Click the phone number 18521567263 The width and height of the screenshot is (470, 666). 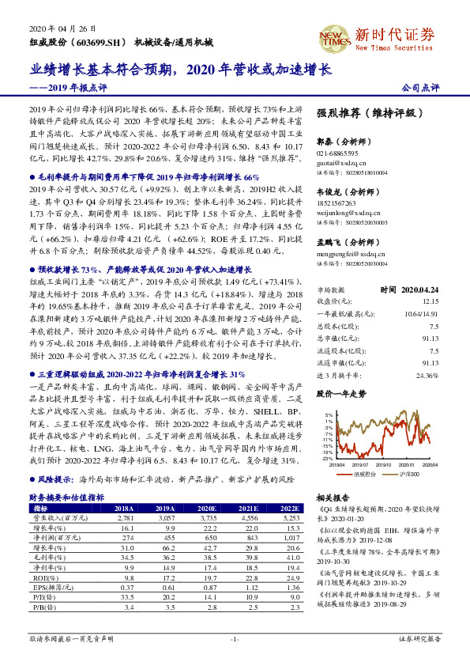click(x=337, y=203)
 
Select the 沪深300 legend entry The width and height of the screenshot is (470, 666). click(x=409, y=473)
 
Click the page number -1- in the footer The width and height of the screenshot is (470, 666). click(x=235, y=637)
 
